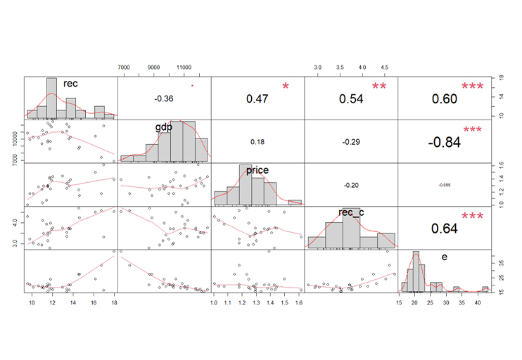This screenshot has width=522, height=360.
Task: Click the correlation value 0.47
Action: tap(258, 99)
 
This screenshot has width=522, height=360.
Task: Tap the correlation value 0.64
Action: tap(445, 229)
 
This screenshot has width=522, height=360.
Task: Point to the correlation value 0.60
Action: tap(445, 99)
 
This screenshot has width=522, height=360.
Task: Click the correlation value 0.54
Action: tap(351, 99)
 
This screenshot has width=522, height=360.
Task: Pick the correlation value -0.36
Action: tap(164, 99)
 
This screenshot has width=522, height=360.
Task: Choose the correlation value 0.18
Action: tap(257, 142)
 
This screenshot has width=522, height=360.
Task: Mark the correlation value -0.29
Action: tap(351, 142)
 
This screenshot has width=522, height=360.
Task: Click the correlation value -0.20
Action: tap(351, 186)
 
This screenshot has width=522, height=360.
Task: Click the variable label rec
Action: tap(70, 84)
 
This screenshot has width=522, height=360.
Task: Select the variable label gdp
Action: tap(164, 127)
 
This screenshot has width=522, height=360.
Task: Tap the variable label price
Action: tap(257, 170)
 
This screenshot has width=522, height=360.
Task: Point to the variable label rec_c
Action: tap(350, 212)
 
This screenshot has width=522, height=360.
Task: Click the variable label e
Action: tap(444, 257)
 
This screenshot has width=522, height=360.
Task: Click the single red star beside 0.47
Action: tap(286, 86)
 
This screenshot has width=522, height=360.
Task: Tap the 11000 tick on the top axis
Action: tap(184, 66)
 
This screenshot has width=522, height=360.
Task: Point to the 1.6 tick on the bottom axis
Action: tap(298, 302)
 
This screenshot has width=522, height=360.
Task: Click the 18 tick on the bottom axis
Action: tap(114, 302)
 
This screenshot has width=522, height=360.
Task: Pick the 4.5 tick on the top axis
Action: tap(384, 66)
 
